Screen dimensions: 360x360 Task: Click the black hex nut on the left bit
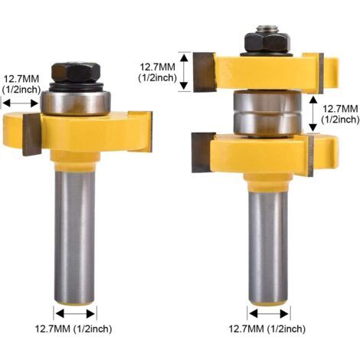[x=76, y=72]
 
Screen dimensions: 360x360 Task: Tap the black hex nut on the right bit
[x=267, y=43]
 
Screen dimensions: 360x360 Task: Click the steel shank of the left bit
[x=74, y=237]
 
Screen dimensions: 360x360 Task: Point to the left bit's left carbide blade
[x=32, y=134]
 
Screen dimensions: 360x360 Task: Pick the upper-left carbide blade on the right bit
[x=205, y=72]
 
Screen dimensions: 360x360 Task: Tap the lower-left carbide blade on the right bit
[x=203, y=152]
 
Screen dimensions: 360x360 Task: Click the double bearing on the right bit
[x=267, y=114]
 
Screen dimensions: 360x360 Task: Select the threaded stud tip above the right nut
[x=267, y=28]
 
